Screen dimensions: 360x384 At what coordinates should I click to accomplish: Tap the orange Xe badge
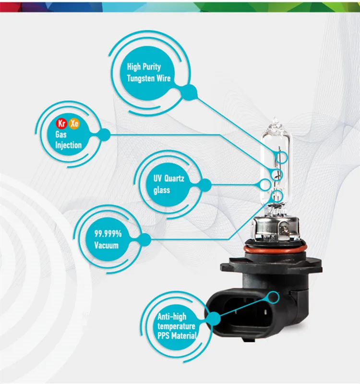(74, 124)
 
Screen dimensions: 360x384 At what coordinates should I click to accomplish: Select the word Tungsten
(141, 78)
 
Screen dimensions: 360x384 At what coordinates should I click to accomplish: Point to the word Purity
(151, 67)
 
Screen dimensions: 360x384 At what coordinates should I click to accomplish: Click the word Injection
(69, 145)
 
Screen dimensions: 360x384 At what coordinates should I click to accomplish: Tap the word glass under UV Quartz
(162, 190)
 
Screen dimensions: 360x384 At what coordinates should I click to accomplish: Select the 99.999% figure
(108, 235)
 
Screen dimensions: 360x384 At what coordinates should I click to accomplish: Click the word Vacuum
(107, 246)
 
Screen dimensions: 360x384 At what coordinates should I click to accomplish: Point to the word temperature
(177, 326)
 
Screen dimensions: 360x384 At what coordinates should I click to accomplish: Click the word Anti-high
(172, 316)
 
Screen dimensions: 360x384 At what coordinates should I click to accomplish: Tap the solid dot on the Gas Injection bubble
(103, 135)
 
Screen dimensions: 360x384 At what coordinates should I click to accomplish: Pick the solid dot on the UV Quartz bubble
(204, 184)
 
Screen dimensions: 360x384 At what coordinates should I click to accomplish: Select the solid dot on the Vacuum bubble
(145, 239)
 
